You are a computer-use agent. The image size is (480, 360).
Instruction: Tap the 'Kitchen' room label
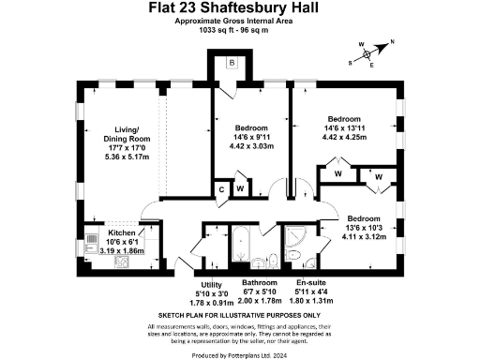(x=121, y=232)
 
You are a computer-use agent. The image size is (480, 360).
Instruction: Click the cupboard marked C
(x=221, y=189)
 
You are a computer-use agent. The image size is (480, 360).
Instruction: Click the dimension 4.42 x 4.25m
(x=344, y=140)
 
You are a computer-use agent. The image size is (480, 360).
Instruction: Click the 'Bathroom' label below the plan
(x=259, y=282)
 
